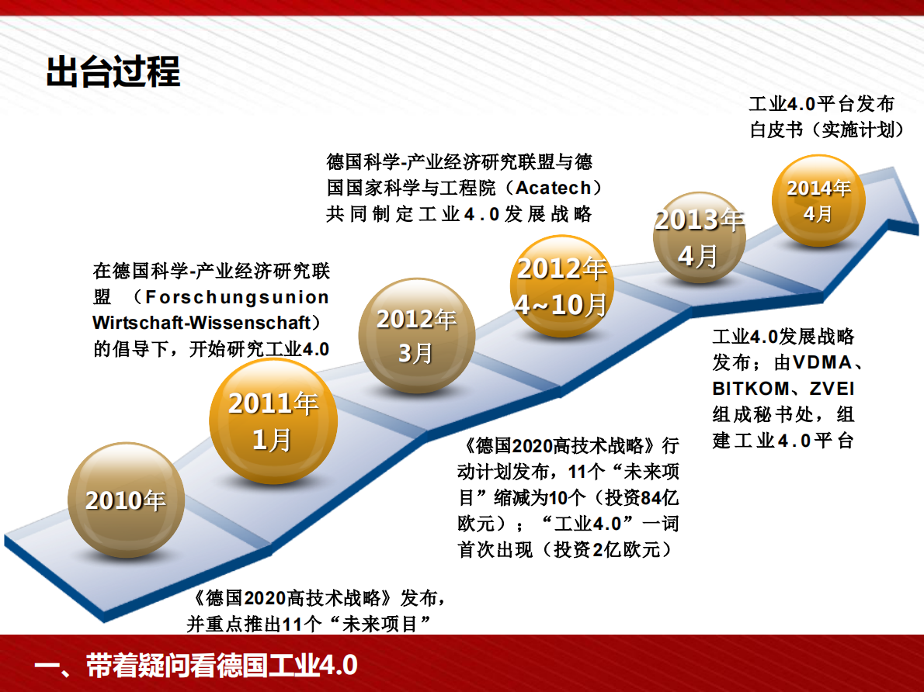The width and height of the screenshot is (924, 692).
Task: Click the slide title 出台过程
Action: [113, 72]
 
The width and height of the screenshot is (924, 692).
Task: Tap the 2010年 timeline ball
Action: [126, 500]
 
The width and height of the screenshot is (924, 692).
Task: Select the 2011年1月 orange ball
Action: [273, 421]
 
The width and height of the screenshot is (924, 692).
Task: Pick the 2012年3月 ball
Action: [416, 335]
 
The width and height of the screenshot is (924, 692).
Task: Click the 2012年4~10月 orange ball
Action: [561, 286]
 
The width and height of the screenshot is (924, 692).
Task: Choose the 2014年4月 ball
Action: [818, 200]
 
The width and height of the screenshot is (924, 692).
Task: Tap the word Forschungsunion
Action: [232, 297]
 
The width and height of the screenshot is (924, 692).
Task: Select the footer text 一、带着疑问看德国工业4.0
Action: [196, 666]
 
